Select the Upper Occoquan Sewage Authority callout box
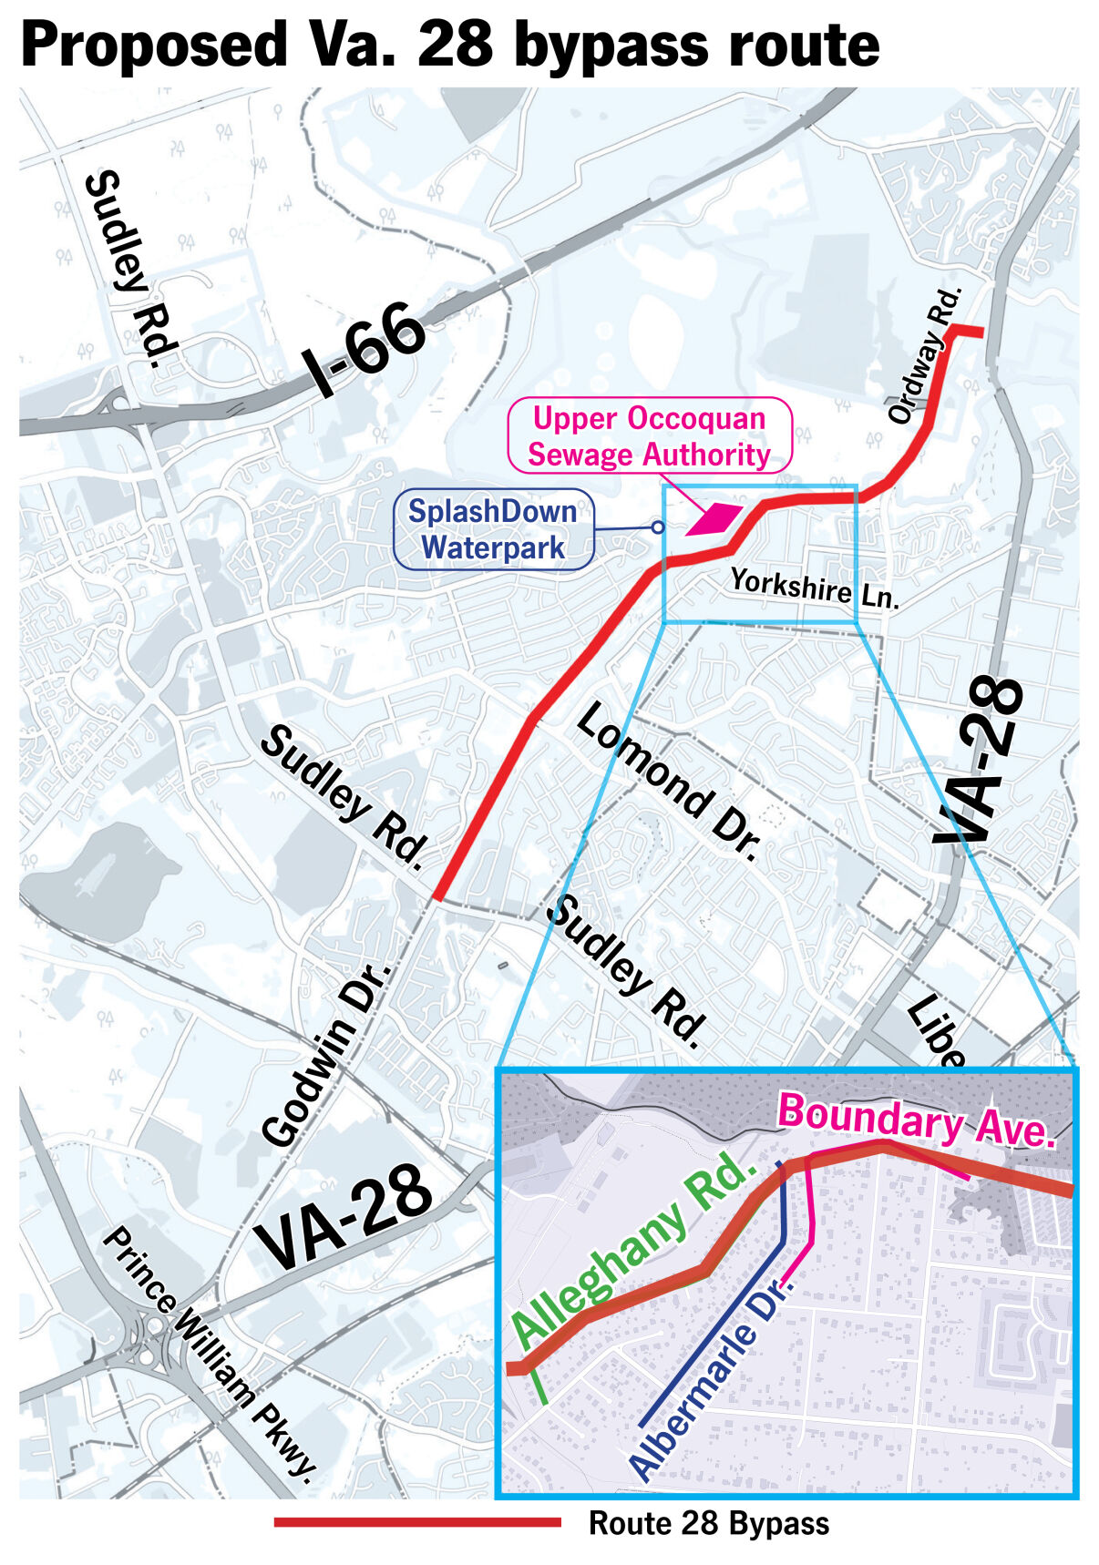click(x=649, y=436)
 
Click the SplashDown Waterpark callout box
click(x=493, y=530)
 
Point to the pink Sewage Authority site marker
click(x=716, y=518)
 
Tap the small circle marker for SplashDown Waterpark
click(x=657, y=527)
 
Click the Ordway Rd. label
click(x=925, y=355)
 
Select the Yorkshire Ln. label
click(x=815, y=588)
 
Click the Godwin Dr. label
click(x=326, y=1054)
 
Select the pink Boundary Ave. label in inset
click(x=916, y=1120)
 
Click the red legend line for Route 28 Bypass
click(x=417, y=1522)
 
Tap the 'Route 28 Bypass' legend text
click(x=709, y=1523)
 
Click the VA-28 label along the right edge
click(x=981, y=762)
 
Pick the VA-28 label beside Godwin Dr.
click(x=344, y=1218)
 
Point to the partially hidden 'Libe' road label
click(x=936, y=1031)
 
